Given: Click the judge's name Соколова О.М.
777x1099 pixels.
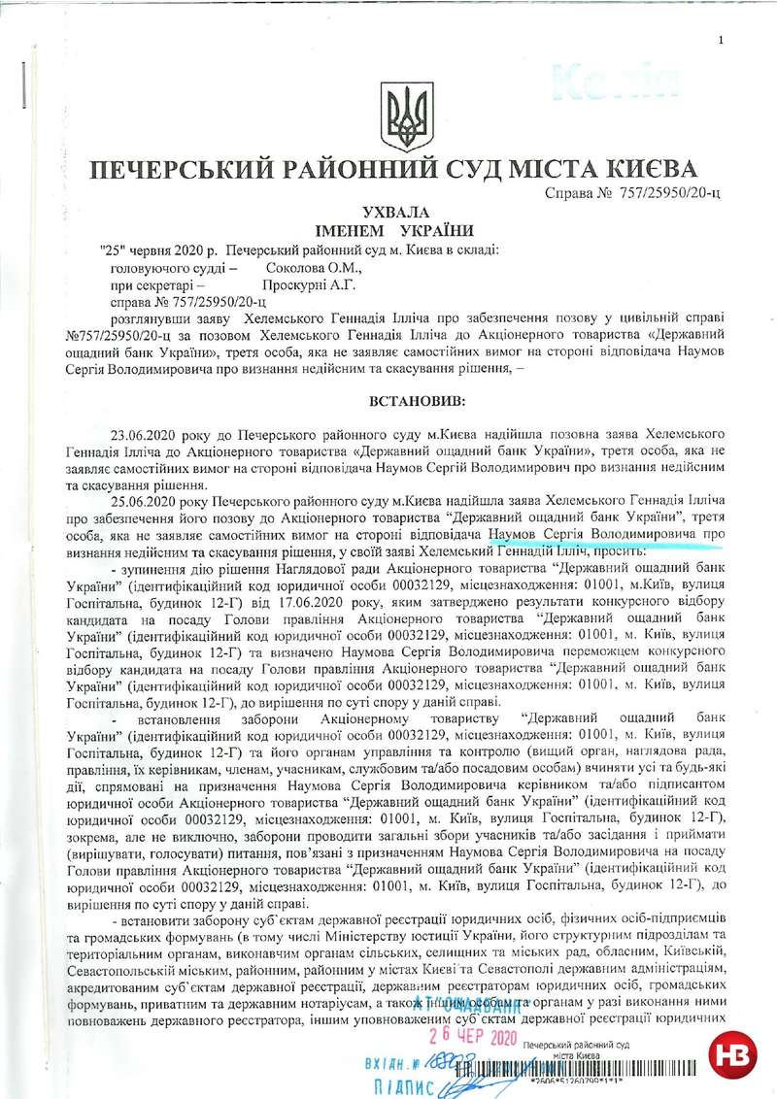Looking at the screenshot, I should pyautogui.click(x=313, y=267).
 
